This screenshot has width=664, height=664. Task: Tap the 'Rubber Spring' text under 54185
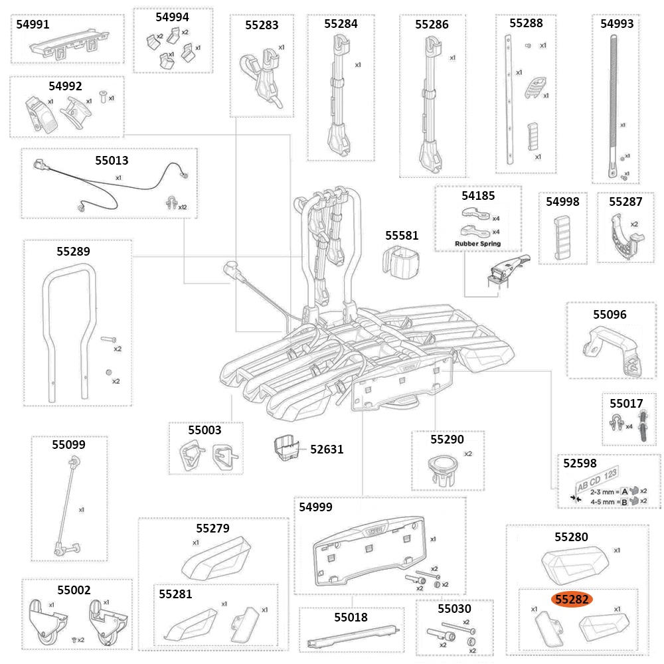click(x=477, y=244)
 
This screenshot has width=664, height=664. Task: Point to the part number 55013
click(x=112, y=160)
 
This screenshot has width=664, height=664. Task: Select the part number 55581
click(x=402, y=236)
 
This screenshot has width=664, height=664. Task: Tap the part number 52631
click(x=327, y=450)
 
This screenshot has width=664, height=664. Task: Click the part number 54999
click(x=315, y=507)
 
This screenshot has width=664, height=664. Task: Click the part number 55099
click(x=69, y=444)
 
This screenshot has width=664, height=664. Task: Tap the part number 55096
click(x=610, y=314)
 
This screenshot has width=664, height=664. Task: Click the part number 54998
click(x=562, y=202)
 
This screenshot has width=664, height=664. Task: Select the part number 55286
click(x=432, y=25)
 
